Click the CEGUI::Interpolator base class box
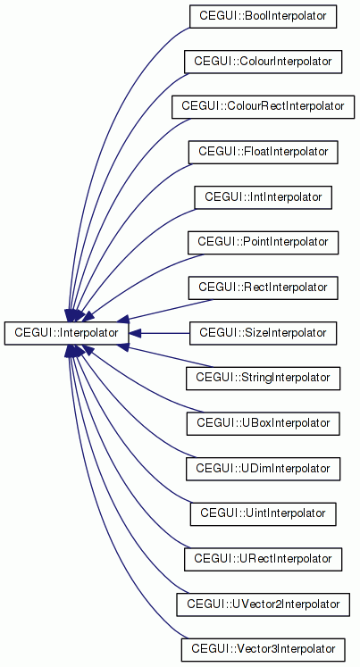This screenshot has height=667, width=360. (66, 333)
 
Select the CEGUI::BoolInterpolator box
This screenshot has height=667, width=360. (263, 17)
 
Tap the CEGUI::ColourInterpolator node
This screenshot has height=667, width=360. (263, 62)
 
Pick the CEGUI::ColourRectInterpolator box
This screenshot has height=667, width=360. (263, 107)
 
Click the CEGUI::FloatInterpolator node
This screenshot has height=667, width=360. (263, 152)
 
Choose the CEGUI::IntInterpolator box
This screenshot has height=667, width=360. (263, 197)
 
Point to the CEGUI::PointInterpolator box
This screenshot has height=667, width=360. (263, 243)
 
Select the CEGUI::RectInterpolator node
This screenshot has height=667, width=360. (263, 288)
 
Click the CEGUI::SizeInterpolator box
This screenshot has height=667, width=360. (263, 333)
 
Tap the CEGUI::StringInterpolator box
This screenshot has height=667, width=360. (263, 379)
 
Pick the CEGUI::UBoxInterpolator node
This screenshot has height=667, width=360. (263, 423)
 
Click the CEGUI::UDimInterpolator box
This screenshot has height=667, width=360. (263, 469)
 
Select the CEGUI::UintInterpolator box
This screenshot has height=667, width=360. (263, 513)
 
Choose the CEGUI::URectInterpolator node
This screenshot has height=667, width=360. (263, 559)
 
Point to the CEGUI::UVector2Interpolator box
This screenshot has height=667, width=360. (263, 604)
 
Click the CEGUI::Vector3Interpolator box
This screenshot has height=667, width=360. (263, 650)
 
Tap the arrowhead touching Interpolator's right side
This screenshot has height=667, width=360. (135, 333)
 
